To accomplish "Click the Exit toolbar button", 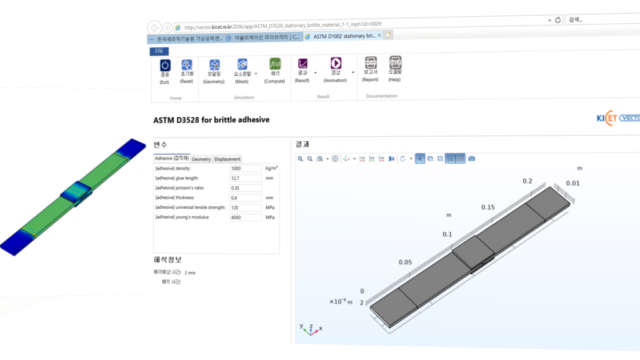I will coord(164,65).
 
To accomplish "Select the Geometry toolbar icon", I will coord(214,65).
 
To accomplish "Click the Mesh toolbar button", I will coord(242,65).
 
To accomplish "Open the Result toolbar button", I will coord(302,65).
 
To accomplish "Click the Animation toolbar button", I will coord(336,64).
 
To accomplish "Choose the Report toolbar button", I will coord(371,64).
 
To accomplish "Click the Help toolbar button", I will coord(395,64).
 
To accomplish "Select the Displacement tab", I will coord(227,159).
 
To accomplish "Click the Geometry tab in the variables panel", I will coord(201,159).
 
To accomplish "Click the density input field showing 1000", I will coord(245,169).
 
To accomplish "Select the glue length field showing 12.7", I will coord(245,178).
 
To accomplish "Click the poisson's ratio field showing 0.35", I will coord(245,188).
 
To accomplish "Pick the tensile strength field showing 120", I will coord(245,207).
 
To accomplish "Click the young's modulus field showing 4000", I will coord(245,217).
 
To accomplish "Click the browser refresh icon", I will coord(557,20).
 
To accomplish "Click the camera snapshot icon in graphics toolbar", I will coord(472,159).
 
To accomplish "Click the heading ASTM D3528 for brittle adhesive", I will coord(211,119).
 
